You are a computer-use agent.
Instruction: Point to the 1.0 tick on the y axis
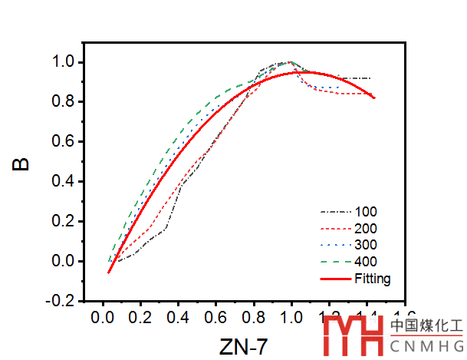(x=63, y=61)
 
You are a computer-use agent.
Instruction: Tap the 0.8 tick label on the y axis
(x=63, y=101)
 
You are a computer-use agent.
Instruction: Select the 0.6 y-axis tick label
(x=63, y=141)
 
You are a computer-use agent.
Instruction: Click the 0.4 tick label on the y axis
(x=63, y=181)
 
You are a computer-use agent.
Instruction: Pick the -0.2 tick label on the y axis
(x=61, y=301)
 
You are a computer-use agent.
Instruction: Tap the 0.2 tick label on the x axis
(x=140, y=317)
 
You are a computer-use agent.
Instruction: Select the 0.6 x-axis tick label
(x=215, y=317)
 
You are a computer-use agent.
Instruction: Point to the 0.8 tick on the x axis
(x=253, y=317)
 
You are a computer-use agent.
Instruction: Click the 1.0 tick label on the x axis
(x=291, y=317)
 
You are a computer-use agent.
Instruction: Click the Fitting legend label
(x=373, y=279)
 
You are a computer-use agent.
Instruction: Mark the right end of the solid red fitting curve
(x=373, y=97)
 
